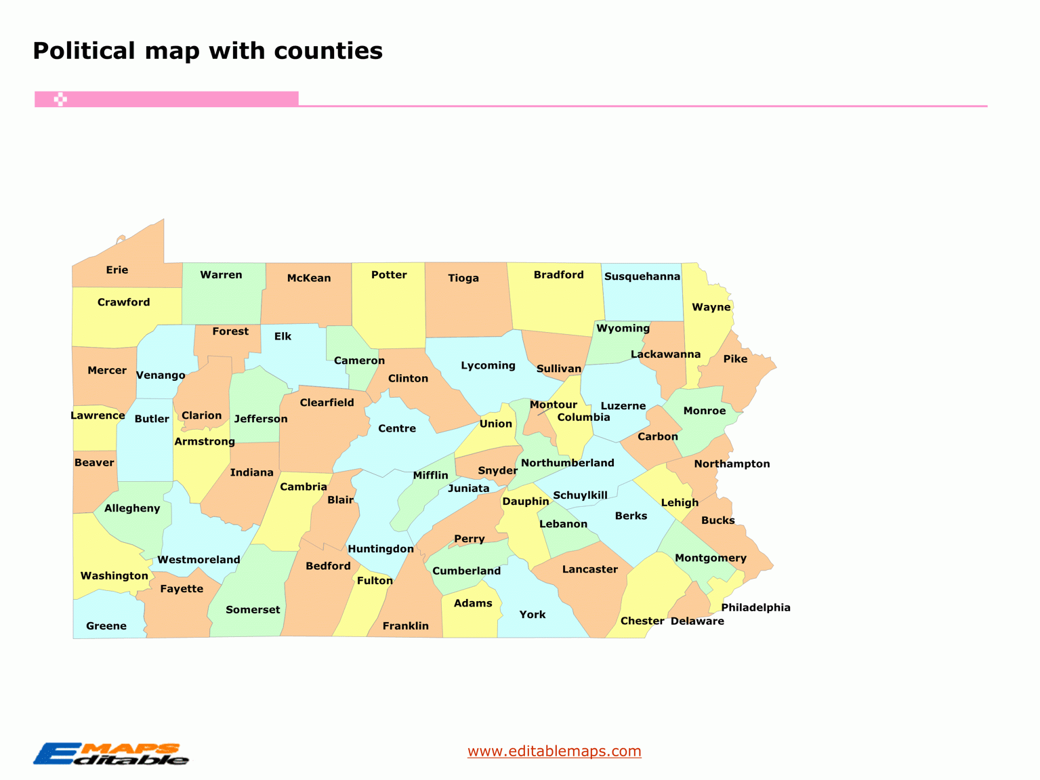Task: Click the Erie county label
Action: (117, 270)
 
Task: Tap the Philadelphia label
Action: (755, 607)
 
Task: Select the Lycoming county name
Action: (488, 365)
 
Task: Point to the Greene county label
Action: (106, 625)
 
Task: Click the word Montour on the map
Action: (553, 405)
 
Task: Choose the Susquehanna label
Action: (642, 276)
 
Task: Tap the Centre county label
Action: (397, 428)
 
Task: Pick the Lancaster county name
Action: (589, 569)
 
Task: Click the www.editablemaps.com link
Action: (554, 751)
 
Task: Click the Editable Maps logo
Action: (111, 754)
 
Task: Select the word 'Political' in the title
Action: (84, 51)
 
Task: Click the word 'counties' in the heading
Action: (328, 51)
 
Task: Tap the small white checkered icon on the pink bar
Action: (60, 100)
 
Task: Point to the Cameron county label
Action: (359, 361)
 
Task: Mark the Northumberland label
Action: (567, 463)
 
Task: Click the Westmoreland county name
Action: (199, 560)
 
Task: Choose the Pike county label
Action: (735, 359)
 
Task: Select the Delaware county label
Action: (697, 621)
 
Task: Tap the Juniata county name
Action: (468, 488)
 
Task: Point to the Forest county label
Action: (230, 331)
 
